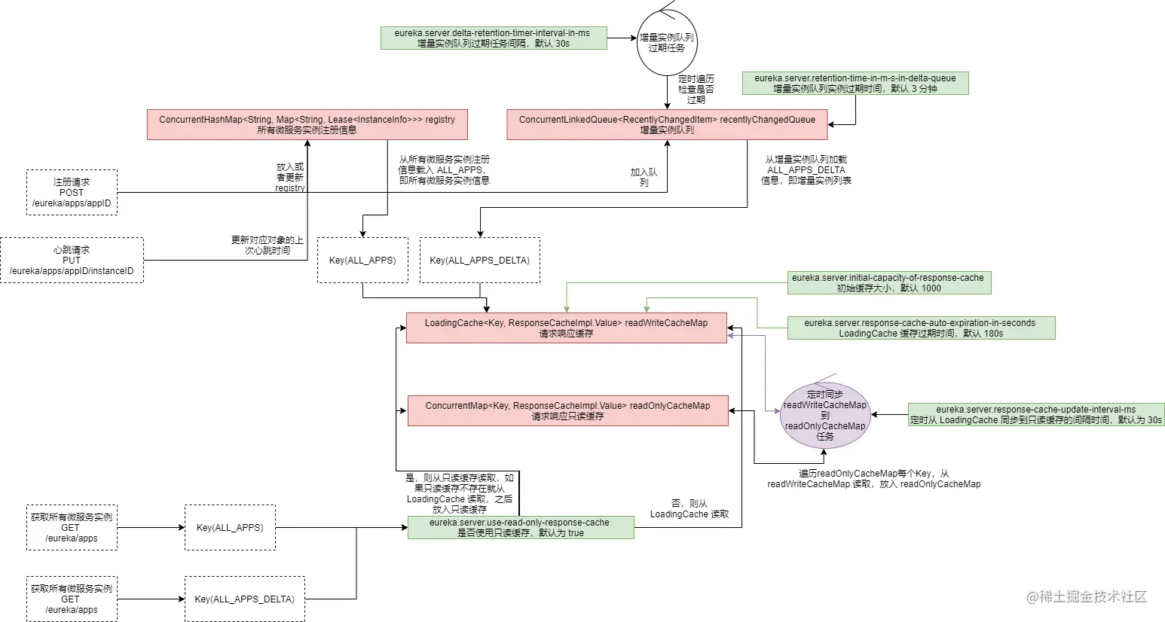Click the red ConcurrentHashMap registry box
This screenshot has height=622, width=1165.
pos(307,125)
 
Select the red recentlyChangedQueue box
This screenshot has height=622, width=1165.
pos(667,125)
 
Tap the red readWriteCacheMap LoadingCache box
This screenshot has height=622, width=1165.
pos(567,328)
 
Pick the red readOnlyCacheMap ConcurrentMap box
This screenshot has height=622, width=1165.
pos(568,410)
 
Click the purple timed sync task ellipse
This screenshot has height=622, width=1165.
pos(825,415)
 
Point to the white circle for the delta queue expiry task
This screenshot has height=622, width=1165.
pos(667,43)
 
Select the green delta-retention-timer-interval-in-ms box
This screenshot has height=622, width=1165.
pos(494,38)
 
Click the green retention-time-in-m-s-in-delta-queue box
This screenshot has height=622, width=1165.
pos(855,83)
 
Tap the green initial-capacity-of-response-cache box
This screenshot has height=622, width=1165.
pos(889,282)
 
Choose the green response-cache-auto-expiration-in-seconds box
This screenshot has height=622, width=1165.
pos(921,328)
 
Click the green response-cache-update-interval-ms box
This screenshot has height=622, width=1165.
pos(1036,415)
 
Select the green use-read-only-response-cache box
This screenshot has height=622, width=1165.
pos(521,527)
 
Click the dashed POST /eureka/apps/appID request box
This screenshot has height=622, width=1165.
pos(72,192)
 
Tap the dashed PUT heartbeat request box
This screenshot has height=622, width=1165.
pos(72,261)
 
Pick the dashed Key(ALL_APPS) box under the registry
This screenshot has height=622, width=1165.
pos(362,261)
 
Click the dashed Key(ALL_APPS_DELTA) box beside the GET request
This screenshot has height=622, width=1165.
pos(244,599)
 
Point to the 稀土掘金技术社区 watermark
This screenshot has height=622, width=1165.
pos(1087,596)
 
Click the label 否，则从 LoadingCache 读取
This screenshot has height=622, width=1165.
pos(689,509)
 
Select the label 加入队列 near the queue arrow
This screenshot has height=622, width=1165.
pos(644,177)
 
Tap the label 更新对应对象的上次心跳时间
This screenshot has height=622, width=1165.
pos(268,245)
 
